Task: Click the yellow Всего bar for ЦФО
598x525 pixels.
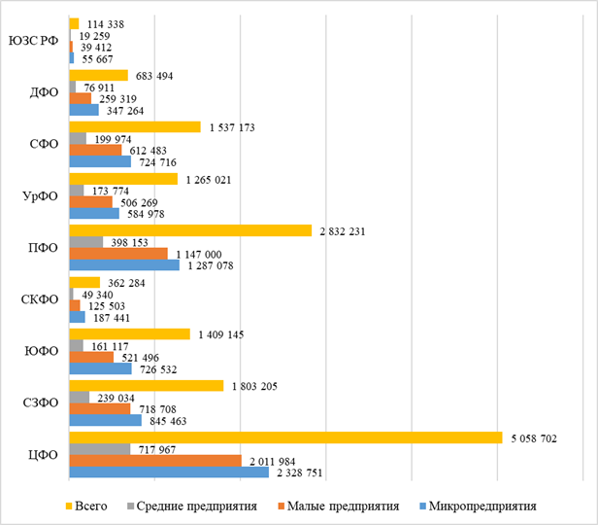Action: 285,437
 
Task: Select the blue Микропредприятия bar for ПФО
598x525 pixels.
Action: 124,264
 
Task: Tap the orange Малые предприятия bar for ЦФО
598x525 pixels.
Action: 155,460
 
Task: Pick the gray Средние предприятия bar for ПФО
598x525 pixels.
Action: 86,241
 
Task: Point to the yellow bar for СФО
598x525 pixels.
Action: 135,126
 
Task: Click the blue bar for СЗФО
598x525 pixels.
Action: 106,420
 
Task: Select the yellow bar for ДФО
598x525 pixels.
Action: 99,75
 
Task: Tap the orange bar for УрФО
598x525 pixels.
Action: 91,201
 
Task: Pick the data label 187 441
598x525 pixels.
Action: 114,317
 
